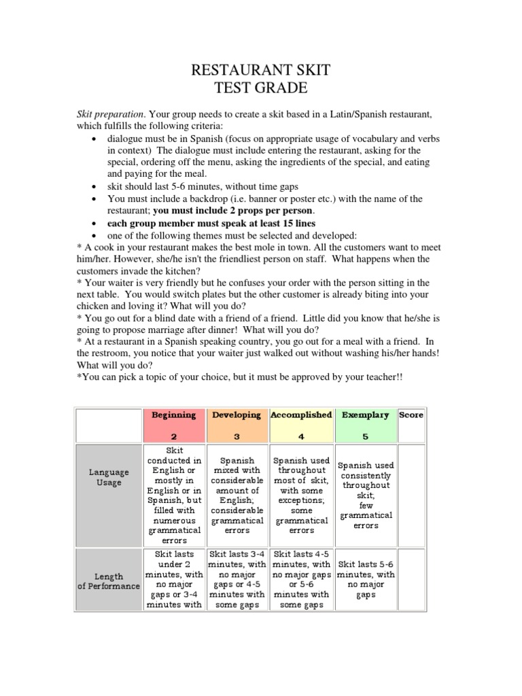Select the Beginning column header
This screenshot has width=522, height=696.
pos(173,415)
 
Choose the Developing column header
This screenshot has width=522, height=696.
pos(237,415)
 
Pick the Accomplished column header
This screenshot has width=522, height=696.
pos(301,415)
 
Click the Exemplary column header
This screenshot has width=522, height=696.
pos(365,415)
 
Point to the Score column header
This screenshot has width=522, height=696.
pos(411,415)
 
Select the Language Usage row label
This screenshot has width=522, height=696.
pos(108,477)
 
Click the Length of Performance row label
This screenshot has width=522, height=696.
pos(108,581)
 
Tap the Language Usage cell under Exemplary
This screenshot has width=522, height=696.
pos(365,495)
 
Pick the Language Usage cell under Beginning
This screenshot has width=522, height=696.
pos(173,495)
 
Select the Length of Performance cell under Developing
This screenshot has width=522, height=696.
pos(237,579)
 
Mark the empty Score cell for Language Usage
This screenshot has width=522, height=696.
pos(411,495)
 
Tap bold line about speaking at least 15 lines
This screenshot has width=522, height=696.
pos(211,223)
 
